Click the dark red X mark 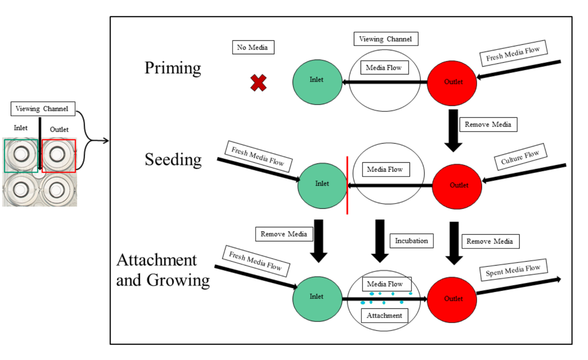coord(258,83)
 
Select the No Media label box coord(252,48)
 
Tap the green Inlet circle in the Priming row coord(317,80)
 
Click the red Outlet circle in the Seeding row coord(457,185)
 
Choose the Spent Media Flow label coord(513,270)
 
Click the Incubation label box coord(412,240)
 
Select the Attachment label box coord(384,315)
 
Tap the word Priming coord(172,68)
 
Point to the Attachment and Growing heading coord(163,270)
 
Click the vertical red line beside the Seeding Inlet coord(347,185)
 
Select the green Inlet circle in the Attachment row coord(317,297)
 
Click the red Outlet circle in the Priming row coord(452,82)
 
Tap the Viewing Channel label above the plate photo coord(42,109)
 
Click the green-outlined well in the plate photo coord(21,155)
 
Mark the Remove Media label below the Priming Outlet coord(488,124)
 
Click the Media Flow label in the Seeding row coord(385,169)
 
